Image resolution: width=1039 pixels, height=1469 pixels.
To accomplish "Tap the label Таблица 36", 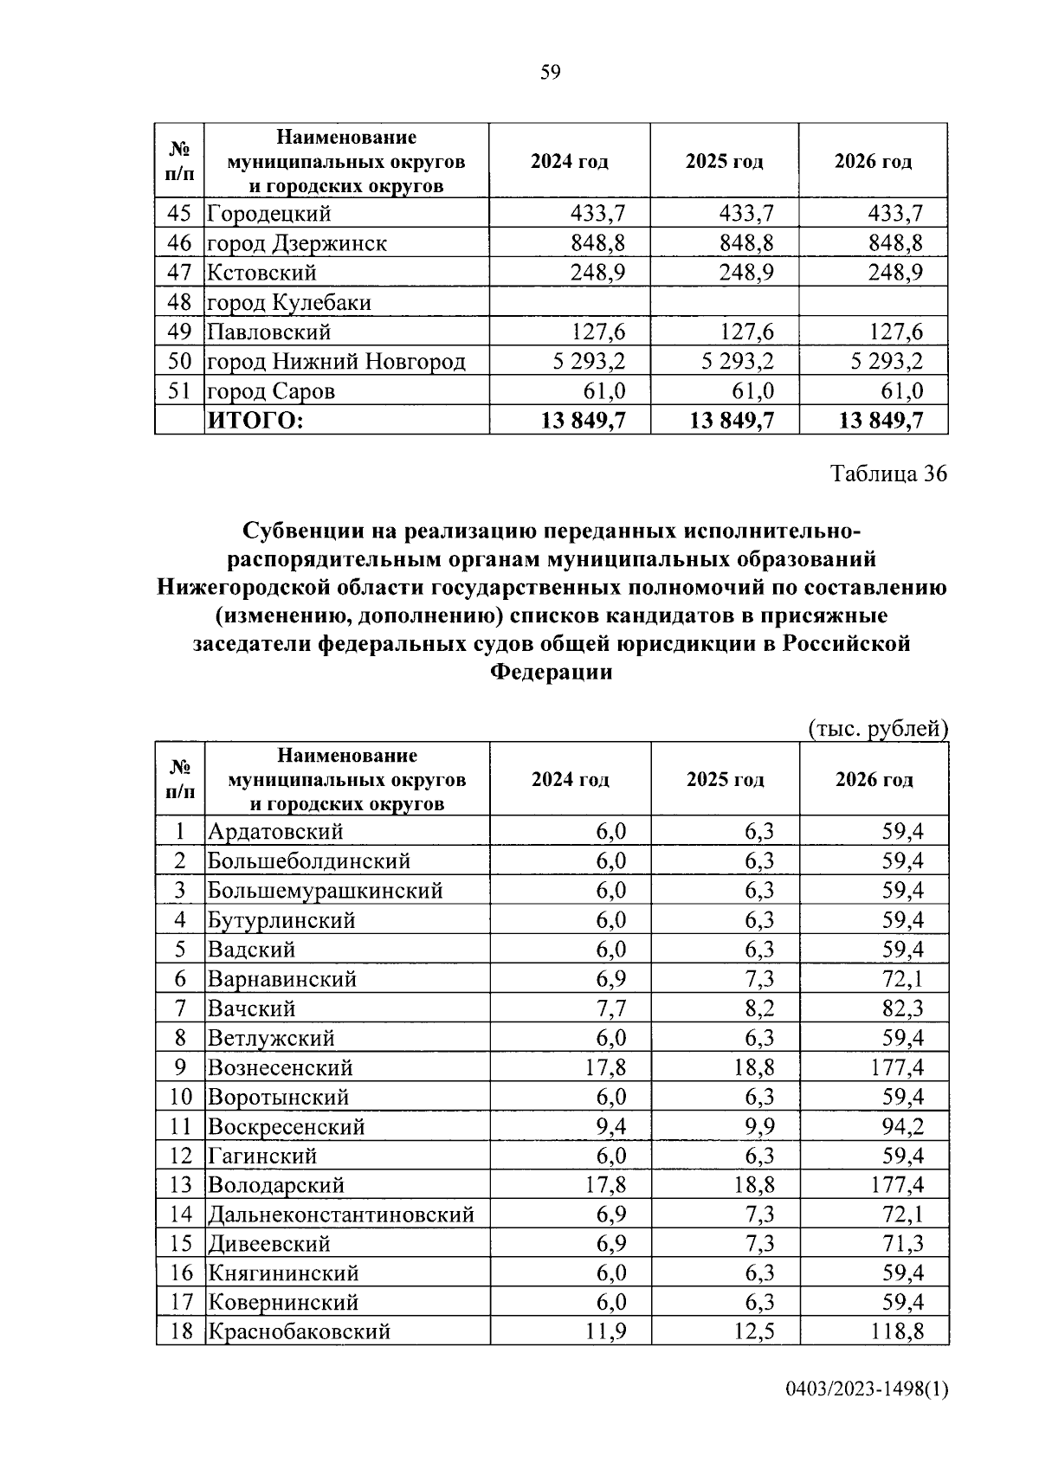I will coord(888,474).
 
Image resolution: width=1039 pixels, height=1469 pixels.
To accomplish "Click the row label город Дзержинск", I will coord(296,243).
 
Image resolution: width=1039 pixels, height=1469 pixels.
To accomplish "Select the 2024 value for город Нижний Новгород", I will coord(589,361).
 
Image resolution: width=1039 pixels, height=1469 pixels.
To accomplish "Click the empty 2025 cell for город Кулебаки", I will coord(724,302).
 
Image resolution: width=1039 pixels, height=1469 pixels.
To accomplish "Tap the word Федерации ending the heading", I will coord(552,672).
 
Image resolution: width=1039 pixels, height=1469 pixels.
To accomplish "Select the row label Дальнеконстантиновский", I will coord(341,1215).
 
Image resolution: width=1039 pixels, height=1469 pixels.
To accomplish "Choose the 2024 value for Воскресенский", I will coord(610,1126).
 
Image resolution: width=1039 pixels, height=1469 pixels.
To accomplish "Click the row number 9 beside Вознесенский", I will coord(180,1067).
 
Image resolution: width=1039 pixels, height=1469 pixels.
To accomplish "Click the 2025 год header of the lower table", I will coord(725,779).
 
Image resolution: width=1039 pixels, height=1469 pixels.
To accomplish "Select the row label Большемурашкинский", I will coord(326,891).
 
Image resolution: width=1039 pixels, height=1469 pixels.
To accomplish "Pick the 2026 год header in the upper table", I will coord(873,162).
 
